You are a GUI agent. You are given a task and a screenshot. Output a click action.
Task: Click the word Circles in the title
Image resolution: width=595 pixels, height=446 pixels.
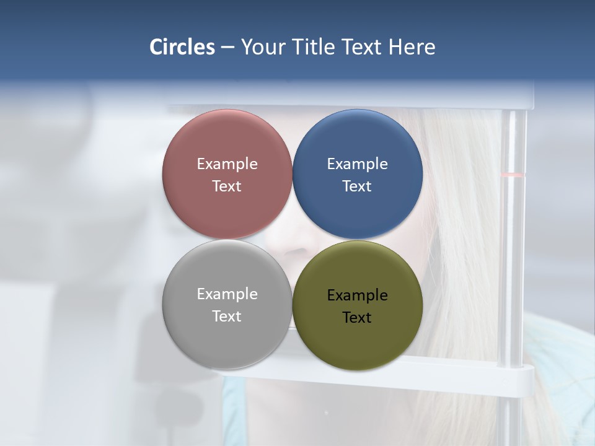click(182, 47)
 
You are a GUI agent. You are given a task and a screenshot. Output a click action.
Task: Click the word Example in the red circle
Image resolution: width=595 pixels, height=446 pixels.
click(227, 164)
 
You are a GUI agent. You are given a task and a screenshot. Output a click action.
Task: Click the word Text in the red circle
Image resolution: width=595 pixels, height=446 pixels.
click(227, 186)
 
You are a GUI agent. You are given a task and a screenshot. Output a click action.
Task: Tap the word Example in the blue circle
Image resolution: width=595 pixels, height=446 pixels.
click(358, 164)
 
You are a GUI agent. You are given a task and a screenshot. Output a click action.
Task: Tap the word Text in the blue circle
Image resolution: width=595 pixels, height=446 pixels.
click(358, 186)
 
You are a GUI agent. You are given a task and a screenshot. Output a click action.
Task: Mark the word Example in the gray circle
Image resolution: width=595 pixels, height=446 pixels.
click(227, 294)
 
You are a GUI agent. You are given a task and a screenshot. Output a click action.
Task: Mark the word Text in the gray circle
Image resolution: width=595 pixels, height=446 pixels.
click(227, 317)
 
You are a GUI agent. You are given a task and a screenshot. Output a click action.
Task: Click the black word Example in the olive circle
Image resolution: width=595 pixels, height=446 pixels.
click(358, 295)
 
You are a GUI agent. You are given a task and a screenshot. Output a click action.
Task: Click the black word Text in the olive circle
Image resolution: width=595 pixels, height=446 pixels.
click(358, 318)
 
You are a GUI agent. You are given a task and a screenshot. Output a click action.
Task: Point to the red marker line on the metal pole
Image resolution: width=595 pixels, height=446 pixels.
click(513, 175)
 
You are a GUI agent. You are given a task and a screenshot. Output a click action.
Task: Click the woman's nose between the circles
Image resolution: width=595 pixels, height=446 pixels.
click(292, 248)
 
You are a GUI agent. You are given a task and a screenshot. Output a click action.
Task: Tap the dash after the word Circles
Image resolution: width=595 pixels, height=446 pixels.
click(227, 48)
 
